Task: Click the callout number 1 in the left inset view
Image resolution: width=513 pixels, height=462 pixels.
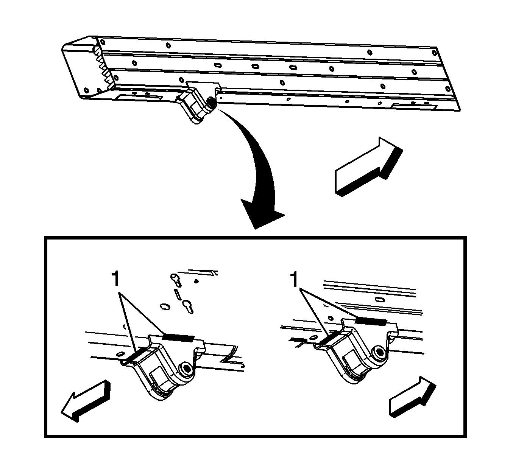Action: click(x=115, y=280)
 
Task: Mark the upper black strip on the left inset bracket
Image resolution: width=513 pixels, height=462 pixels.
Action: click(x=178, y=337)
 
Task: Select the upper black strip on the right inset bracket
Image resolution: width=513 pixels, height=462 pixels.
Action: click(x=371, y=321)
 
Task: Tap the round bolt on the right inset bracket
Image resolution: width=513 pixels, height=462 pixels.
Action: click(x=377, y=352)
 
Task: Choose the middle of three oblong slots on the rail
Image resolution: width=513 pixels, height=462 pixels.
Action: click(x=255, y=66)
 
